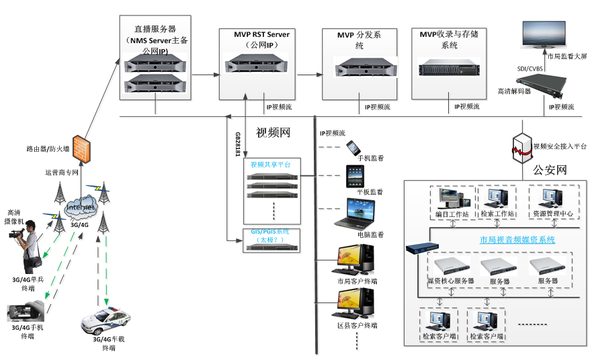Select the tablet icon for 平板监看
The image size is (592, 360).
point(355,176)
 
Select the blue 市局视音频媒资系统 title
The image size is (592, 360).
point(517,240)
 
